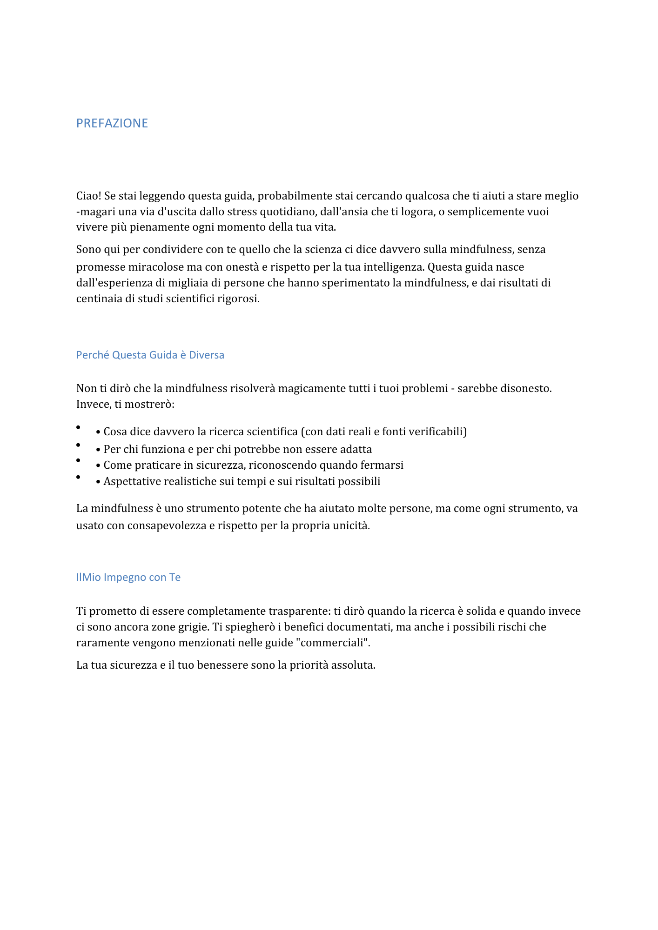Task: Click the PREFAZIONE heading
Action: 112,123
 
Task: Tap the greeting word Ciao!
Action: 88,196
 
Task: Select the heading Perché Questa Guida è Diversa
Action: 150,355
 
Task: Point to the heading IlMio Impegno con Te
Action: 128,577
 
